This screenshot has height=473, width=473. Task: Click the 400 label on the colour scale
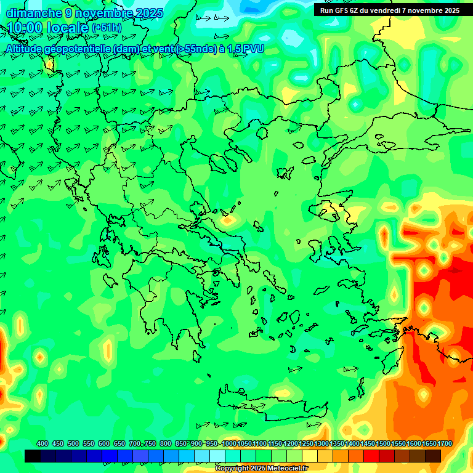42,443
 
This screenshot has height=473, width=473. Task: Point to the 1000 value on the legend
229,443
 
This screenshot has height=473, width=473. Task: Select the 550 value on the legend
89,443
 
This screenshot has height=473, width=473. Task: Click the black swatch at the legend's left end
33,456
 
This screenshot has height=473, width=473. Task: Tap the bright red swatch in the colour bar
371,456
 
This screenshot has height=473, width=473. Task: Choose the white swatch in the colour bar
217,456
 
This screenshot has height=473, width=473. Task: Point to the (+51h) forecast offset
106,28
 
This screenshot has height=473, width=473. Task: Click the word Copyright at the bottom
233,469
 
